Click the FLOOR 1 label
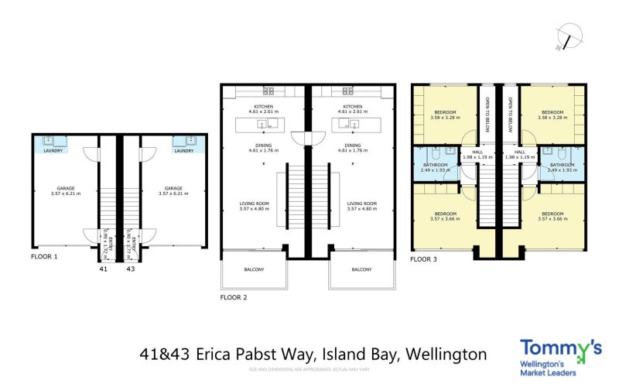[43, 255]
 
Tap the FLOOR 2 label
[233, 297]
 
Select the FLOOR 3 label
[423, 259]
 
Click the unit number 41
[103, 269]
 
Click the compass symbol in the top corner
[569, 36]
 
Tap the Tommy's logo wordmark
[559, 349]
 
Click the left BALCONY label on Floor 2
[255, 269]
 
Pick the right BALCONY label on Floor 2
[361, 269]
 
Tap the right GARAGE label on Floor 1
[173, 187]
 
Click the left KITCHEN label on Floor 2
[264, 107]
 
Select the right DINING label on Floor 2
[353, 145]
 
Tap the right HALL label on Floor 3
[520, 152]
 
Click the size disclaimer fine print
[309, 369]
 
